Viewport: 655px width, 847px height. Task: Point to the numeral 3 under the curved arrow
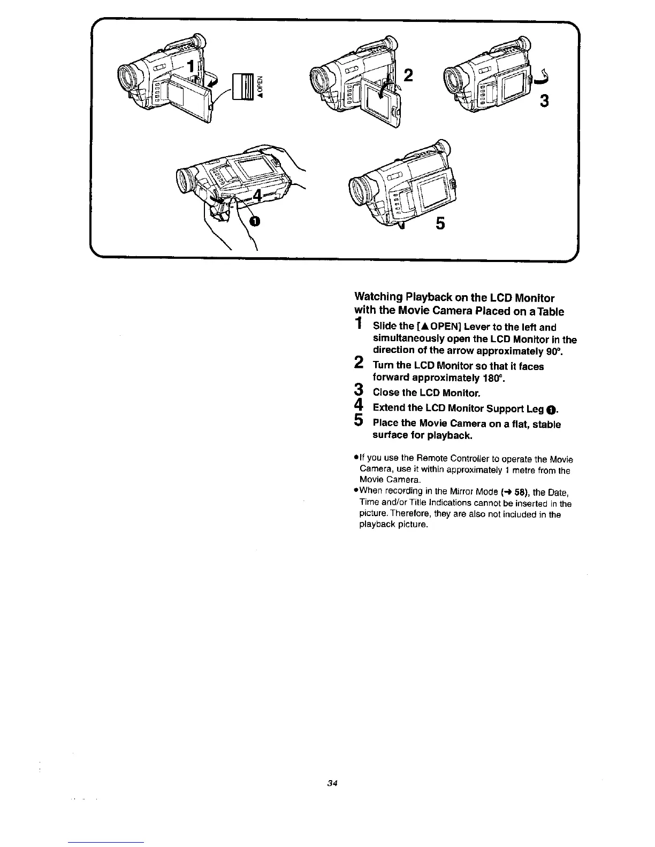click(x=543, y=100)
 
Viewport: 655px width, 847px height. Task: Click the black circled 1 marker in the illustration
click(x=256, y=221)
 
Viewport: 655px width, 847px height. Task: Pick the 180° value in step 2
click(x=494, y=378)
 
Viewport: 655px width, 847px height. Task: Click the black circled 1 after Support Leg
click(x=553, y=410)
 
